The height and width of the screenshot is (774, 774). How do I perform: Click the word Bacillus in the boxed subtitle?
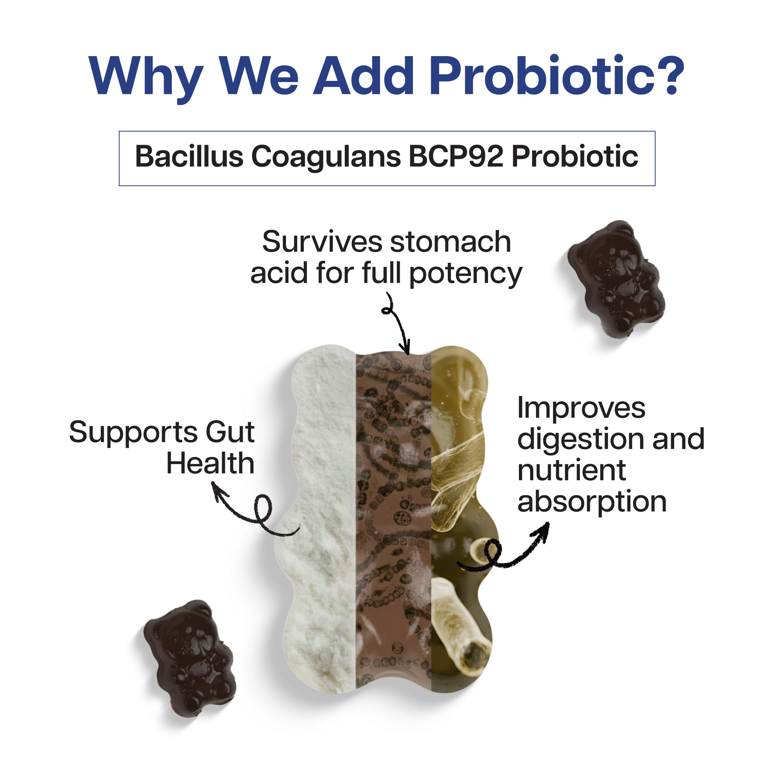(x=189, y=156)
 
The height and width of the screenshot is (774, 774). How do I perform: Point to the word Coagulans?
(x=326, y=158)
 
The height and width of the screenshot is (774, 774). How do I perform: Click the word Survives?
(x=322, y=242)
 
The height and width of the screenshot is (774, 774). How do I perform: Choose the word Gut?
(x=230, y=433)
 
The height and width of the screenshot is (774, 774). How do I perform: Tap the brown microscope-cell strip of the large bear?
(x=394, y=521)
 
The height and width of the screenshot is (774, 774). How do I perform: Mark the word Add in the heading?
(x=363, y=76)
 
